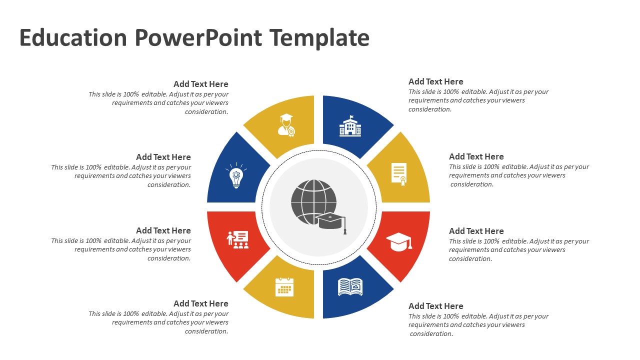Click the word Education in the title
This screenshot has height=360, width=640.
pyautogui.click(x=73, y=38)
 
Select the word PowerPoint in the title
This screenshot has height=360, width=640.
pyautogui.click(x=198, y=38)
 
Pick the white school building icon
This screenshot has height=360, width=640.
pyautogui.click(x=350, y=126)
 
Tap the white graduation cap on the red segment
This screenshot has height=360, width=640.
pyautogui.click(x=399, y=241)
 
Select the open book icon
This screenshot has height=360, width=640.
pyautogui.click(x=350, y=287)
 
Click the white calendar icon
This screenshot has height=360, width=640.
pyautogui.click(x=284, y=287)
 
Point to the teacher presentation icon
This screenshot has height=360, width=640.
pyautogui.click(x=238, y=239)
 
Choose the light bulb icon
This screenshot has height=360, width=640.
pyautogui.click(x=236, y=175)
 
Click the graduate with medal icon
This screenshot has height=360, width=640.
pyautogui.click(x=286, y=125)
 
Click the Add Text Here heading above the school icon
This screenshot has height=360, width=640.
pyautogui.click(x=435, y=81)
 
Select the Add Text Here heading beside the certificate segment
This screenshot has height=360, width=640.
pyautogui.click(x=476, y=156)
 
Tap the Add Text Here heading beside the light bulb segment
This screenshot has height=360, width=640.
pyautogui.click(x=163, y=157)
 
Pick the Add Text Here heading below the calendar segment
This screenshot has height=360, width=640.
pyautogui.click(x=201, y=303)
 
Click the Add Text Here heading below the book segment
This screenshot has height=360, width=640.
pyautogui.click(x=435, y=306)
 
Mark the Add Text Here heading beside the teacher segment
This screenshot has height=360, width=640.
pyautogui.click(x=163, y=230)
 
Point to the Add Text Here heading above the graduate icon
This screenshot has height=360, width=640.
pyautogui.click(x=201, y=84)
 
